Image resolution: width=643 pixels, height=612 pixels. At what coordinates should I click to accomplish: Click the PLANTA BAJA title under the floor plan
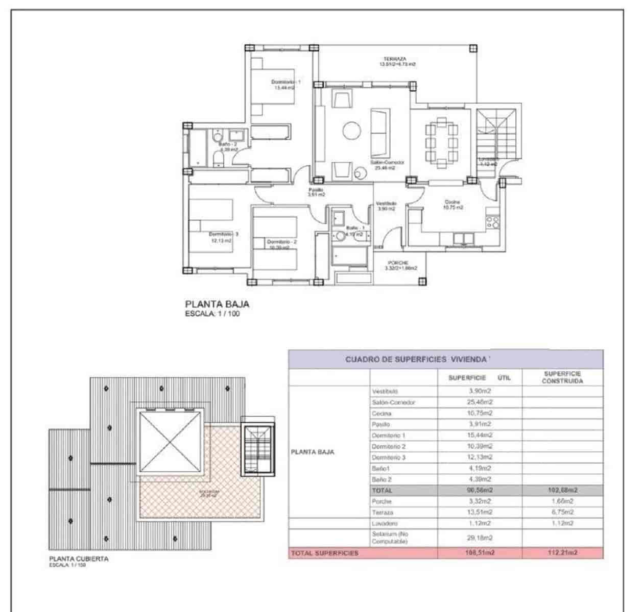click(x=217, y=304)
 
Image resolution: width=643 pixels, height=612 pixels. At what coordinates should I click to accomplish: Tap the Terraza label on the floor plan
click(x=395, y=59)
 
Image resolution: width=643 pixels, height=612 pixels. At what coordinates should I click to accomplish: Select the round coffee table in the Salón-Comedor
click(x=351, y=130)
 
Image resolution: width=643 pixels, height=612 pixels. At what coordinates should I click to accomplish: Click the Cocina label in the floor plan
click(x=453, y=202)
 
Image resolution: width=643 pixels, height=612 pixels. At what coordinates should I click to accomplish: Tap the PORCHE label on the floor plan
click(x=401, y=263)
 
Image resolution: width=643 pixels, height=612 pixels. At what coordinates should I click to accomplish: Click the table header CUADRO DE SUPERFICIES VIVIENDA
click(x=416, y=359)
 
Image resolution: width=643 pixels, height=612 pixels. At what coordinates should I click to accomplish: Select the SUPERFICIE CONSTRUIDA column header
click(x=562, y=377)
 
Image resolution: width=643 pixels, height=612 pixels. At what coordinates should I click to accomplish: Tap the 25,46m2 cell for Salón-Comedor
click(x=480, y=402)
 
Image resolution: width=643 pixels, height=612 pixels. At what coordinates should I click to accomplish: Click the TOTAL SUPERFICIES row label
click(x=325, y=553)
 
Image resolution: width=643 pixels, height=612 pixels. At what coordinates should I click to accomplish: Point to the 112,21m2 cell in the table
click(x=562, y=553)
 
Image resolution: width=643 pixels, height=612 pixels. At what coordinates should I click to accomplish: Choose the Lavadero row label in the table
click(x=385, y=523)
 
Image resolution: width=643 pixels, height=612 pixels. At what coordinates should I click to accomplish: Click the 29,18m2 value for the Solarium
click(x=480, y=538)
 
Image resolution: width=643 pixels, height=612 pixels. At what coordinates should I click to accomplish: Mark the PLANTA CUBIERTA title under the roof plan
click(x=79, y=558)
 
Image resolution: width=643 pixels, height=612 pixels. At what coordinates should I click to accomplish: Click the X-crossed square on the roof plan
click(x=170, y=442)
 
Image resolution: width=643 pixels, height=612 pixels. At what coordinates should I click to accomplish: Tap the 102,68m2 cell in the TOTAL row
click(x=562, y=490)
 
